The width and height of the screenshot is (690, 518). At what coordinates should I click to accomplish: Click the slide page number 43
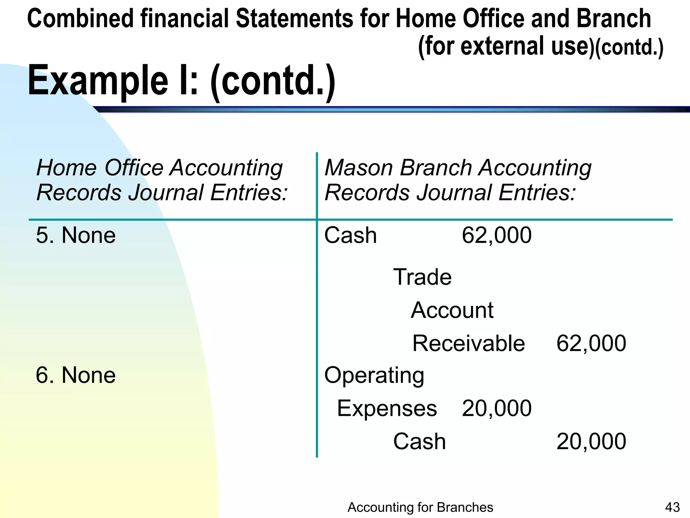(x=672, y=507)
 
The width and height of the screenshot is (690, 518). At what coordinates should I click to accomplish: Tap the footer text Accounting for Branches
(x=420, y=507)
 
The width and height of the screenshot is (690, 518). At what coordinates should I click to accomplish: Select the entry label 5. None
(x=76, y=235)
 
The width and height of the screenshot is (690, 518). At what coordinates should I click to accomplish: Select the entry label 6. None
(x=76, y=375)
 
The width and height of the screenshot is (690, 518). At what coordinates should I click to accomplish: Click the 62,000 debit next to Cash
(x=496, y=235)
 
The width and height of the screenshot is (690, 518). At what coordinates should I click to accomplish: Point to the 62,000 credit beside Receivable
(x=591, y=343)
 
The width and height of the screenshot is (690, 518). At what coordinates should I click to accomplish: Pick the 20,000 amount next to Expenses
(x=496, y=408)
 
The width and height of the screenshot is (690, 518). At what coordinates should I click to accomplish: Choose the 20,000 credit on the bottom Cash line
(x=591, y=441)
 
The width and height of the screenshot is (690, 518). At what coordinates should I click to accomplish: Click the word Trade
(x=422, y=277)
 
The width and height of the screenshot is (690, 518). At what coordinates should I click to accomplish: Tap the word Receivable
(x=468, y=343)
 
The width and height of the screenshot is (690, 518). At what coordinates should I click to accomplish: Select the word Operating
(x=374, y=376)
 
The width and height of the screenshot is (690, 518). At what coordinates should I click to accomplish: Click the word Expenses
(x=387, y=408)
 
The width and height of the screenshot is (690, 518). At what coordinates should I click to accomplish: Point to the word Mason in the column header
(x=358, y=168)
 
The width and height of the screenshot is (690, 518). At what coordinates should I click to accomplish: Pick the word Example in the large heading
(x=98, y=81)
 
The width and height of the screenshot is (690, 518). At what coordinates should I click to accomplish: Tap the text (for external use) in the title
(x=505, y=46)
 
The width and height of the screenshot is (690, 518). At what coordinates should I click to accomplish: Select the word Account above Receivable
(x=452, y=310)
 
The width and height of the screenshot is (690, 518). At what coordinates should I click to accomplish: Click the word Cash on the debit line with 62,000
(x=350, y=235)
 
